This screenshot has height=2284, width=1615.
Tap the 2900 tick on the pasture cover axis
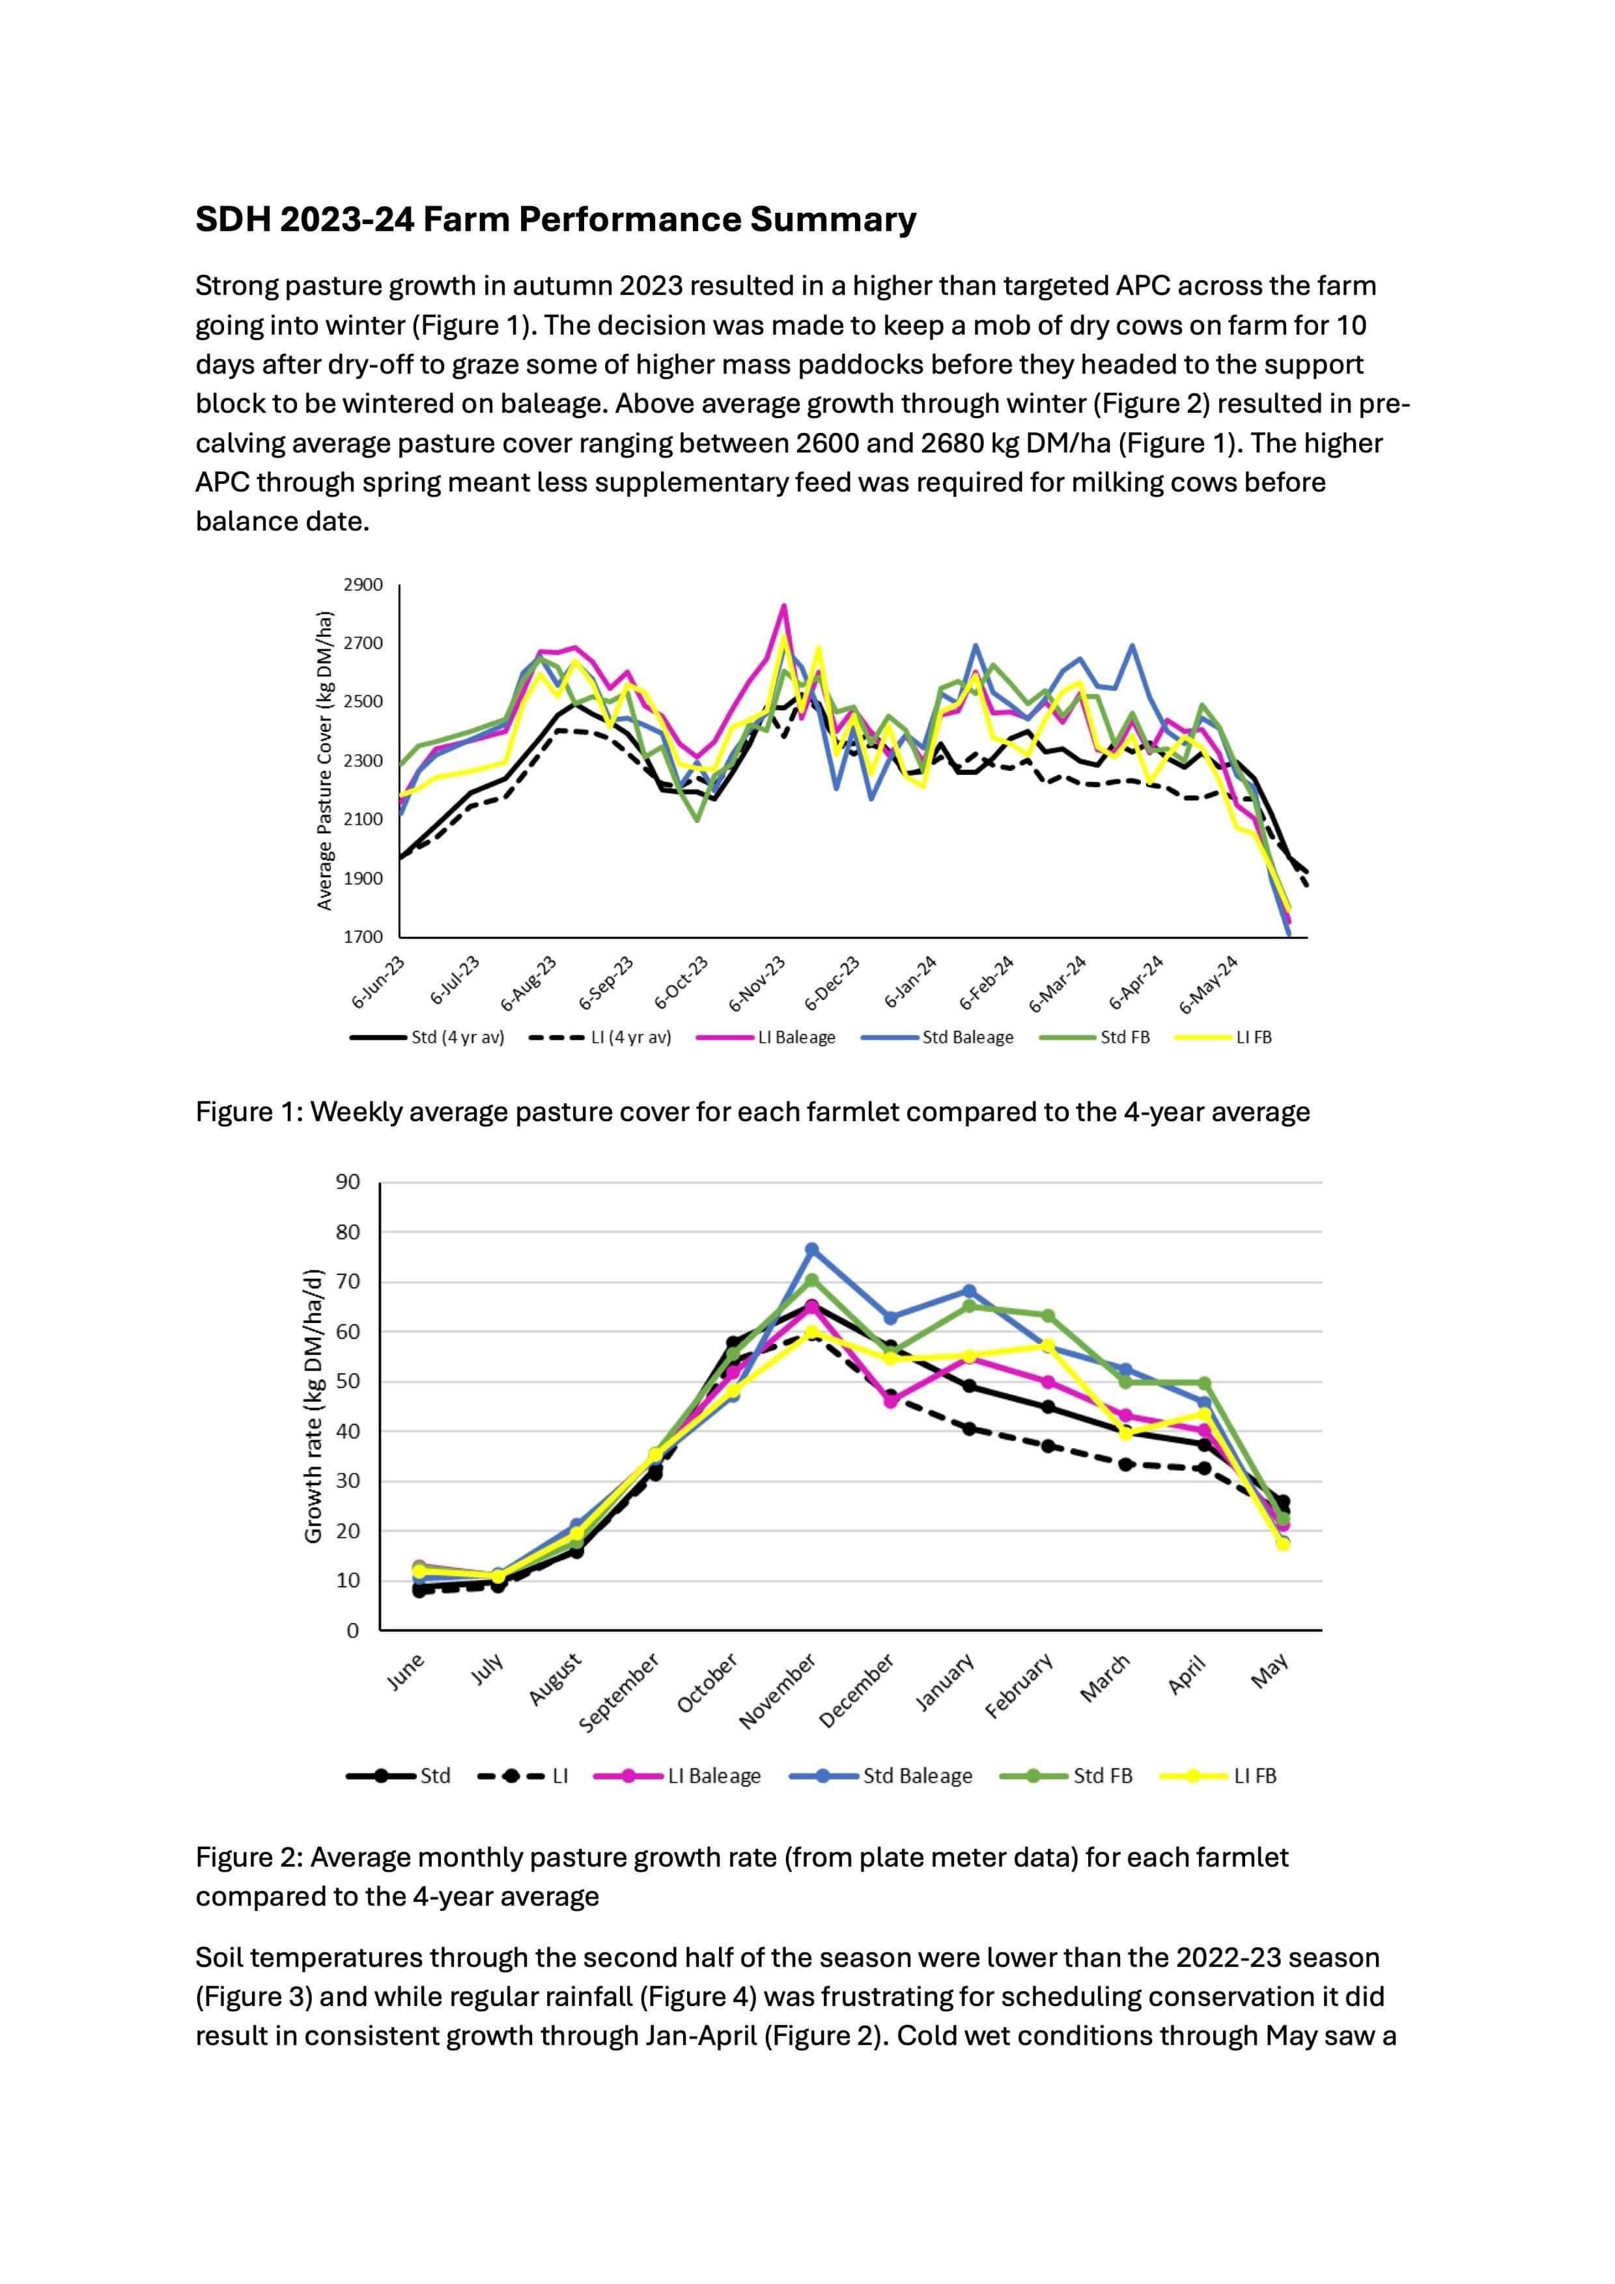click(x=363, y=585)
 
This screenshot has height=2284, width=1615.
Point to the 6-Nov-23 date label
click(x=758, y=983)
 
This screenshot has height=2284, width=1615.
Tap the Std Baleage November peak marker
click(x=812, y=1249)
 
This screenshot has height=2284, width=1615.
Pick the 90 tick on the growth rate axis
click(x=347, y=1183)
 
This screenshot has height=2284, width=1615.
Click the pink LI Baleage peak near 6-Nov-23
click(x=784, y=606)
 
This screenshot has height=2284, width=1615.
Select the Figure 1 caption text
click(x=752, y=1111)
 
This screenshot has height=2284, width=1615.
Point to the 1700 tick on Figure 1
click(x=363, y=936)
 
